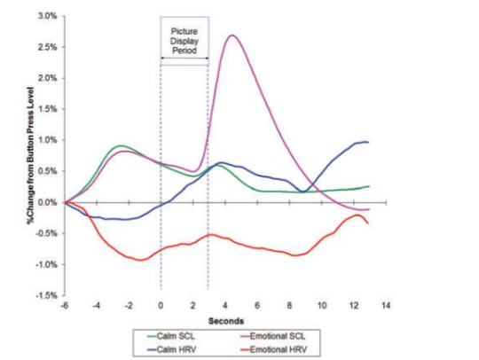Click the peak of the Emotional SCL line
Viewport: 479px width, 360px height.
[x=232, y=35]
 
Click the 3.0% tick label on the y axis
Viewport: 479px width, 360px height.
[x=46, y=17]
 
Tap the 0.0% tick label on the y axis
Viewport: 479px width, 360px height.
[x=46, y=202]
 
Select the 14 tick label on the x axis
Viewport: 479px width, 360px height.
[x=386, y=305]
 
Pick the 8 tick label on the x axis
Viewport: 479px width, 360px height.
[x=289, y=305]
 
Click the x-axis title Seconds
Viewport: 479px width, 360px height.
[x=225, y=319]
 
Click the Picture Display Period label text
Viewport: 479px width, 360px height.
[x=185, y=39]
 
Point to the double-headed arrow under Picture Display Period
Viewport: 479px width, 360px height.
[x=185, y=59]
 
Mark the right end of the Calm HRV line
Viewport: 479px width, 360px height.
[x=369, y=142]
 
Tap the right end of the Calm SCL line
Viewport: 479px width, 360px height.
[x=369, y=186]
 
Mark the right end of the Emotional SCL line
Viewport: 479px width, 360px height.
[x=369, y=208]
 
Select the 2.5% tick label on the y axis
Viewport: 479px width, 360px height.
[x=46, y=48]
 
